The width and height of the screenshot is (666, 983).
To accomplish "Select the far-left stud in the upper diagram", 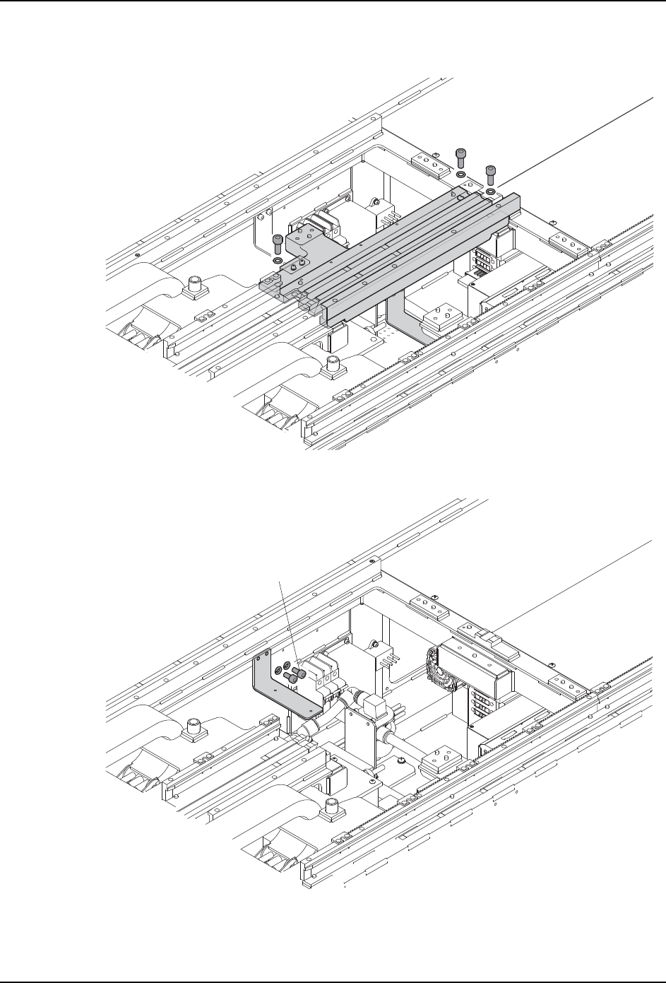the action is tap(192, 286).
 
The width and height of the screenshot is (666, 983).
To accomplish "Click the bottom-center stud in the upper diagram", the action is tap(334, 366).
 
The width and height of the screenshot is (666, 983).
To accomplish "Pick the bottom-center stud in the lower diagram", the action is tap(334, 806).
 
